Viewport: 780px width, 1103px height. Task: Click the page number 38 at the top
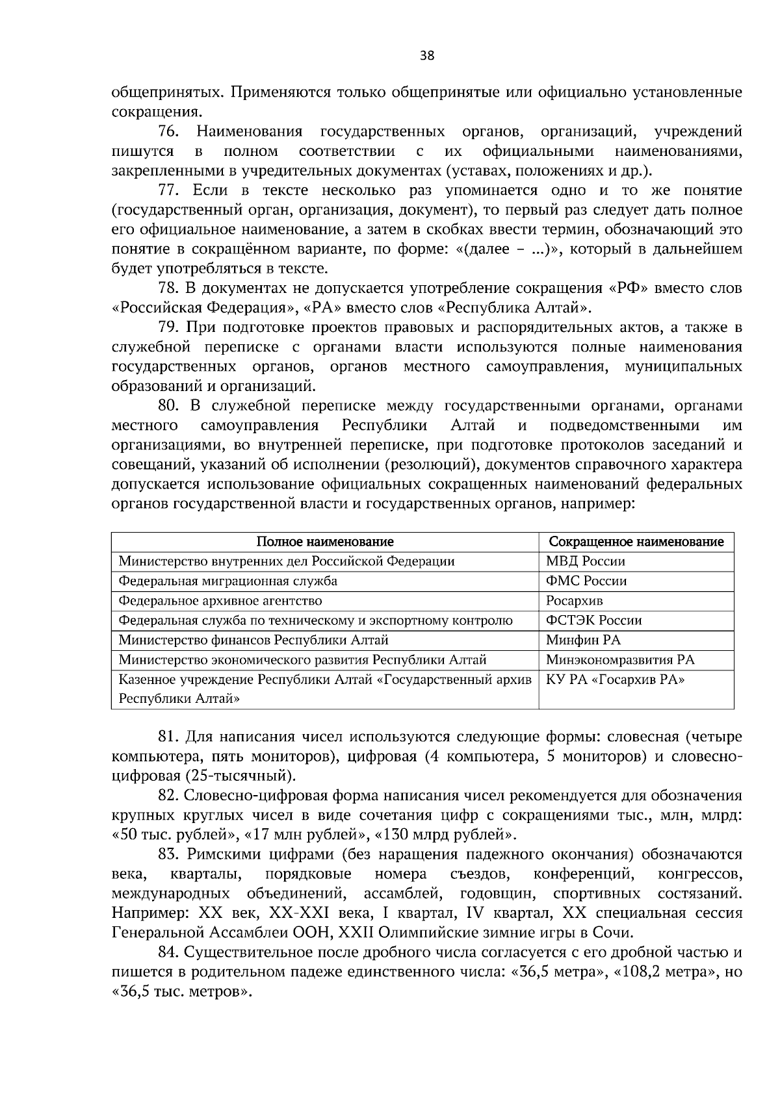point(427,56)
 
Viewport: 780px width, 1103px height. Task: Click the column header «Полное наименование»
point(324,542)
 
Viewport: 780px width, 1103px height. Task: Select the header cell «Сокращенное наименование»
point(636,542)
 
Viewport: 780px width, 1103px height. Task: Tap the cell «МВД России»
point(585,561)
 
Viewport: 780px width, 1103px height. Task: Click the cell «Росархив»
point(574,601)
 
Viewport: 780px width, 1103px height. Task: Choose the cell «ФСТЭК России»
point(593,620)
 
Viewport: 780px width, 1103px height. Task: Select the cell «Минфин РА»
point(583,640)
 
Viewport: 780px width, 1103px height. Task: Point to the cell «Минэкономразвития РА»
point(619,660)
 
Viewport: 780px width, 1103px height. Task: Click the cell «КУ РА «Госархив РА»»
point(616,679)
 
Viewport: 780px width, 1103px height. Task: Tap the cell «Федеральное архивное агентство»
point(220,601)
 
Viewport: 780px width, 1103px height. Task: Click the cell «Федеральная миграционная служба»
point(227,581)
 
